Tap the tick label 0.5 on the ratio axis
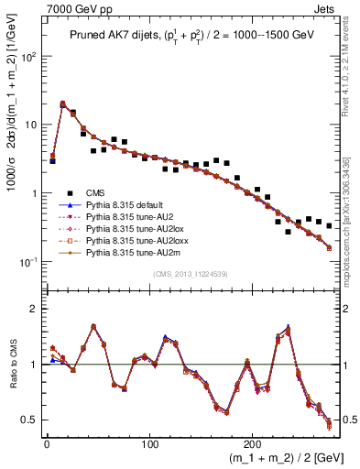tap(29, 420)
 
